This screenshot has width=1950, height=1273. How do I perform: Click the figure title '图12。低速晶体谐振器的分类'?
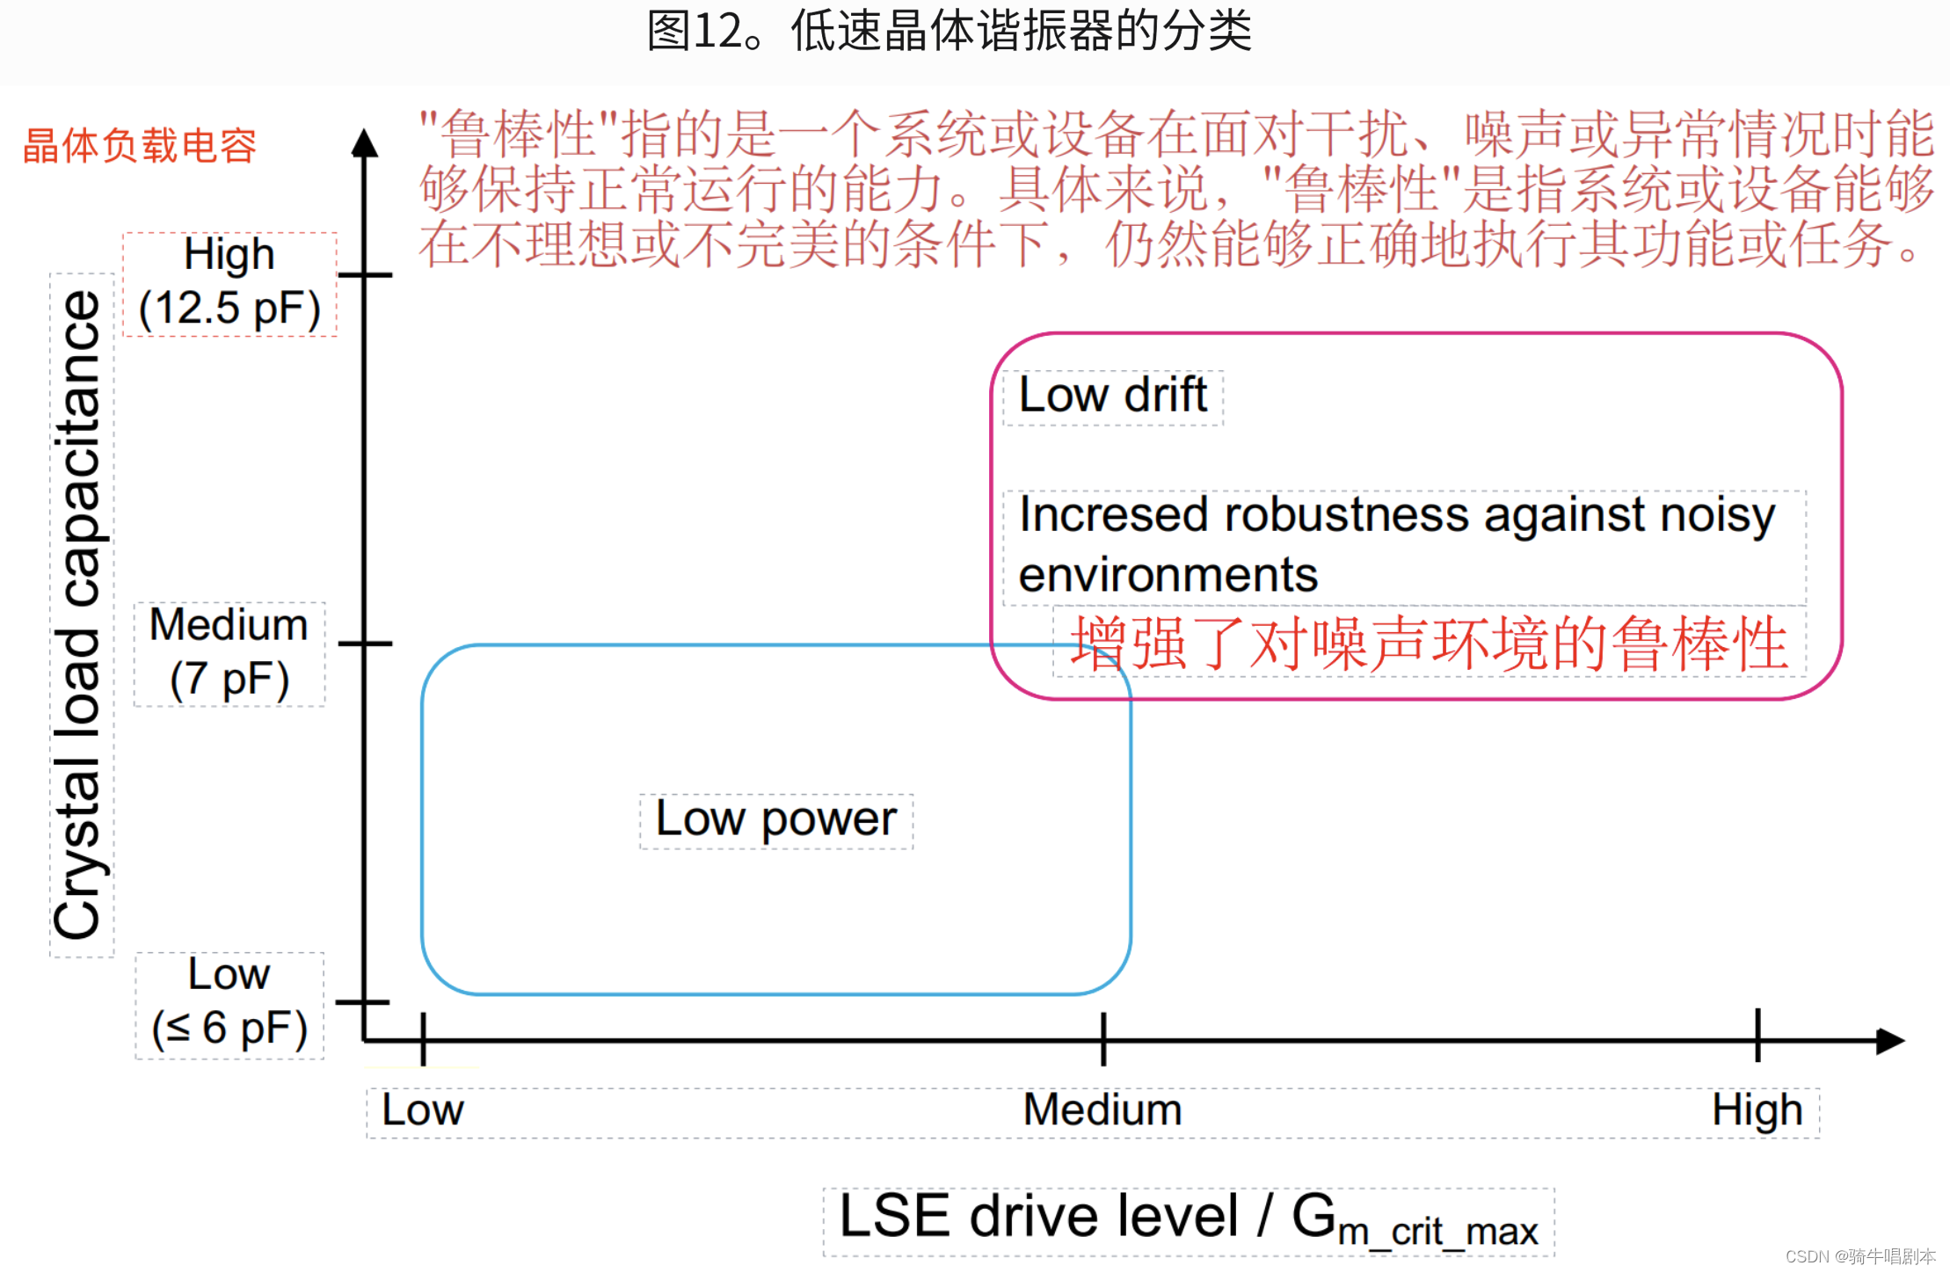[x=949, y=32]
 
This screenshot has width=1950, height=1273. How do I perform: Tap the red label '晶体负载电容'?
[x=139, y=146]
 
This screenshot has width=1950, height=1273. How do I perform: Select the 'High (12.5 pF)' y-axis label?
[x=229, y=283]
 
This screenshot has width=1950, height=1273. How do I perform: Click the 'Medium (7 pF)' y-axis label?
[x=229, y=653]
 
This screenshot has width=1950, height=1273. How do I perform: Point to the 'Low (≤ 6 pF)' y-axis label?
[x=229, y=1004]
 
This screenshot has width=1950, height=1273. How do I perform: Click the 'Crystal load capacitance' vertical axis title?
[x=79, y=615]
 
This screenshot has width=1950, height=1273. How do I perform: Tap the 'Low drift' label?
[x=1112, y=396]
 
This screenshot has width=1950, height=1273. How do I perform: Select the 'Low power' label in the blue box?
[x=776, y=820]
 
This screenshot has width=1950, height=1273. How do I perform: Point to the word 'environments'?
[x=1168, y=576]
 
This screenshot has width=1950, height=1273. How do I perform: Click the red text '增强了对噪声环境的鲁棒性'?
[x=1429, y=644]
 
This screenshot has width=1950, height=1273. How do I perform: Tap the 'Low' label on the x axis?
[x=422, y=1110]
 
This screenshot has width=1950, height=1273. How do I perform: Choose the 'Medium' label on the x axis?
[x=1102, y=1110]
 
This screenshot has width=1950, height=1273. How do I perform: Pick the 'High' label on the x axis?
[x=1757, y=1110]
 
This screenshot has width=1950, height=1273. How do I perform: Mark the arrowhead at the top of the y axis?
[x=365, y=144]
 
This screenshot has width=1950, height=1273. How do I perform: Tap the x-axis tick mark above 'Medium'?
[x=1103, y=1039]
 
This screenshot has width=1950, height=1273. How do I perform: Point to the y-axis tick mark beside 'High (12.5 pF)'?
[x=365, y=275]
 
